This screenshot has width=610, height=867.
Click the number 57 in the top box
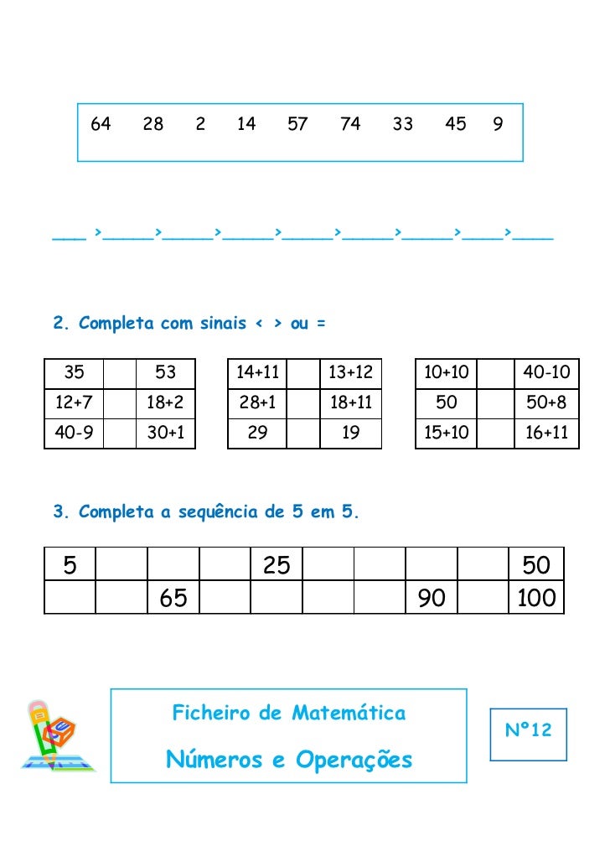click(297, 125)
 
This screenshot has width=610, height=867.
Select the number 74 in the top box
click(350, 125)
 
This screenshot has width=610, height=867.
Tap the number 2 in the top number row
click(199, 125)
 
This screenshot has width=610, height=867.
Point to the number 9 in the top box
click(498, 125)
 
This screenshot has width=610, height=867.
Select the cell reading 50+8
click(546, 403)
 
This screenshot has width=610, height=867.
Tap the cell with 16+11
click(546, 433)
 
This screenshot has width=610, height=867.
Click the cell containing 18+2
click(165, 403)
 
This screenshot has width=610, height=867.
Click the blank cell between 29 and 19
click(303, 433)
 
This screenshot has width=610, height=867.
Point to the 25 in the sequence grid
click(277, 566)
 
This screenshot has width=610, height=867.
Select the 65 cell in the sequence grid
click(173, 598)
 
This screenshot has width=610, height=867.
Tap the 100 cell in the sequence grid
click(536, 598)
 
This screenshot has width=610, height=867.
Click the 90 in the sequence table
click(432, 598)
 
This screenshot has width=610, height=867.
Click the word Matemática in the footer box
click(349, 714)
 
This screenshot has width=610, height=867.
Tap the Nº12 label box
click(528, 731)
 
